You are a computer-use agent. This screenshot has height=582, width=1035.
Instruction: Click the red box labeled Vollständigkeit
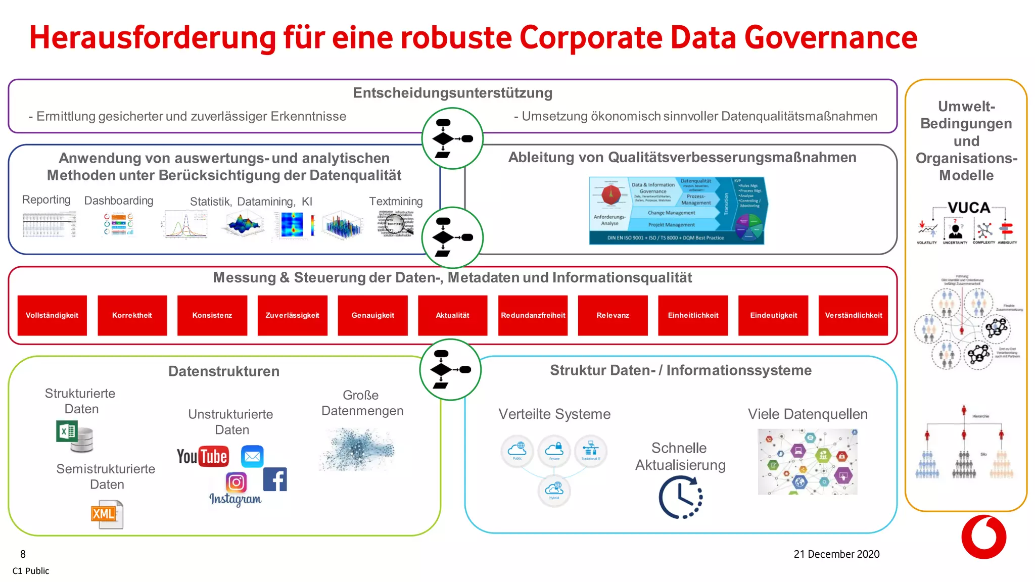52,315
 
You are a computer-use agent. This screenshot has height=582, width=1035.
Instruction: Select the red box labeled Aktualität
452,315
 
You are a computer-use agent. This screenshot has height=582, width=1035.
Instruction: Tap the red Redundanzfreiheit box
533,315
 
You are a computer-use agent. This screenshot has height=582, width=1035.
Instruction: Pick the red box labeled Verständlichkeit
853,315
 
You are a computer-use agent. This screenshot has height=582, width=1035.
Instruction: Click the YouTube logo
203,456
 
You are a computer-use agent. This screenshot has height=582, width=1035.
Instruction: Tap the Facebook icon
275,479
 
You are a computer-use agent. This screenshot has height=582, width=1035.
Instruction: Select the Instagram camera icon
236,482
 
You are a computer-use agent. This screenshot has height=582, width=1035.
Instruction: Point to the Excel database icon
75,437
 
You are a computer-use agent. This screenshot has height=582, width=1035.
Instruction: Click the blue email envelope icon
252,457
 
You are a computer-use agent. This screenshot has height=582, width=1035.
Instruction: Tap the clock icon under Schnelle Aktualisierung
680,498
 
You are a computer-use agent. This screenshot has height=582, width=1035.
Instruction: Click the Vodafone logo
983,537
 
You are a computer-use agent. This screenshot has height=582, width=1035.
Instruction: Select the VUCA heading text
968,208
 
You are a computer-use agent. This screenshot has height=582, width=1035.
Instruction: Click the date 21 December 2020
836,554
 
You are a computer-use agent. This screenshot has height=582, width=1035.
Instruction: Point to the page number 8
23,554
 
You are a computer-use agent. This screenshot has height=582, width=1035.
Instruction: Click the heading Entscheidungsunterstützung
452,93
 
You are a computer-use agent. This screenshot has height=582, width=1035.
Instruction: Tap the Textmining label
396,201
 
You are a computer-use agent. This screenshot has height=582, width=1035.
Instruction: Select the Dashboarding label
119,201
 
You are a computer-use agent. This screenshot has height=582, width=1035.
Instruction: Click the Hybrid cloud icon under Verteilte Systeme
554,490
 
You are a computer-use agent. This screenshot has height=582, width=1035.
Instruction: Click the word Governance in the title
830,38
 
